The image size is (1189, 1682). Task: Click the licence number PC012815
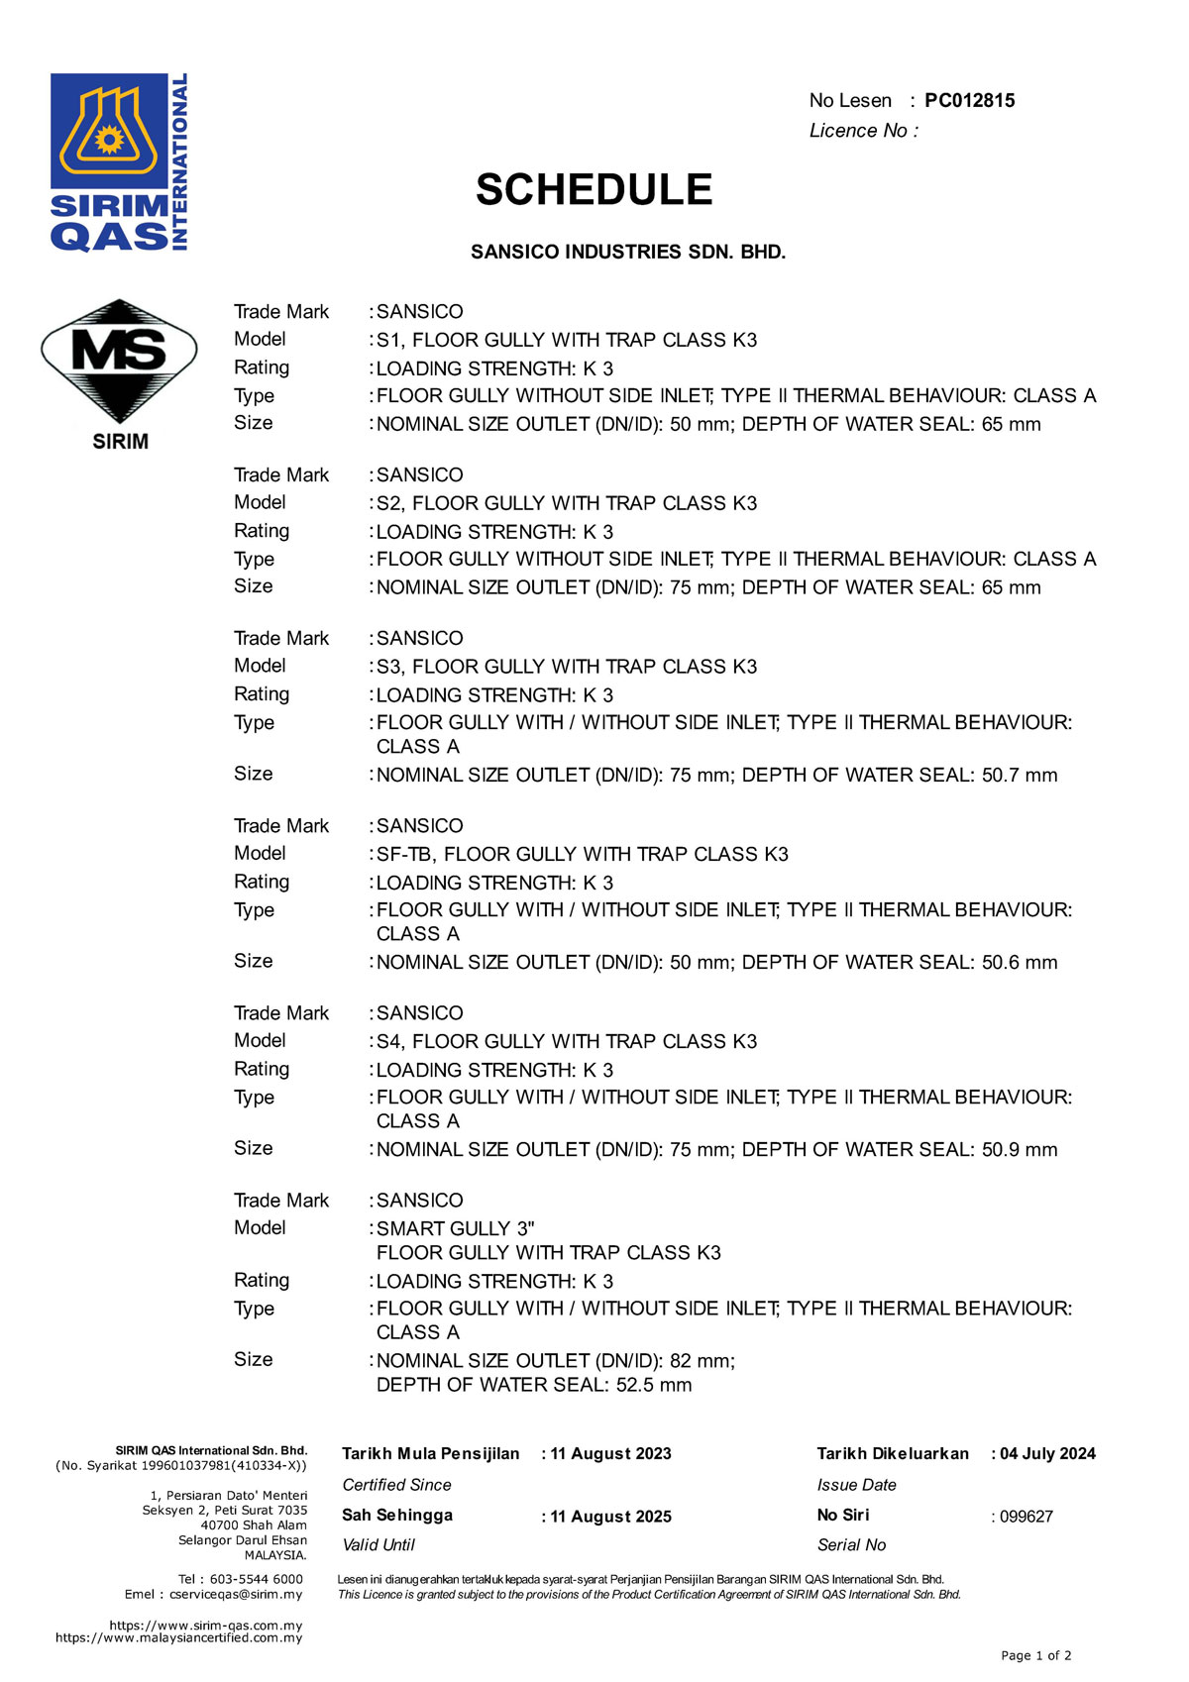coord(969,100)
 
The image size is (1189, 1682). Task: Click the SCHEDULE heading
coord(594,189)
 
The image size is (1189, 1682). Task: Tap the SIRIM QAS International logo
coord(119,161)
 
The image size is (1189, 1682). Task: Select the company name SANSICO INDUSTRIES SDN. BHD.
coord(628,252)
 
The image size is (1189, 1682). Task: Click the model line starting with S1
coord(567,340)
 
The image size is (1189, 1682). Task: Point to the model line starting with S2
coord(567,503)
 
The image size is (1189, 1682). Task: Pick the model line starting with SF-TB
coord(583,854)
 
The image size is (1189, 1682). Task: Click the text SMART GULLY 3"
coord(456,1228)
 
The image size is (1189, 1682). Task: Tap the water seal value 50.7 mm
coord(1020,775)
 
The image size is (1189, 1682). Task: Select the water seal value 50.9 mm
coord(1020,1149)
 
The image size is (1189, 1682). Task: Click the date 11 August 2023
coord(610,1454)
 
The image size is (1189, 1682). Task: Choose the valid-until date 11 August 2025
coord(610,1517)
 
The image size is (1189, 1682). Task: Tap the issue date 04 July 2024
coord(1047,1454)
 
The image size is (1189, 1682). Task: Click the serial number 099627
coord(1027,1517)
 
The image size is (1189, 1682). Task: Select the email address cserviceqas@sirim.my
coord(236,1594)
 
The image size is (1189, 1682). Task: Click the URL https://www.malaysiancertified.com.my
coord(179,1637)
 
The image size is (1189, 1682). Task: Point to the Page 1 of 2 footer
coord(1035,1655)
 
